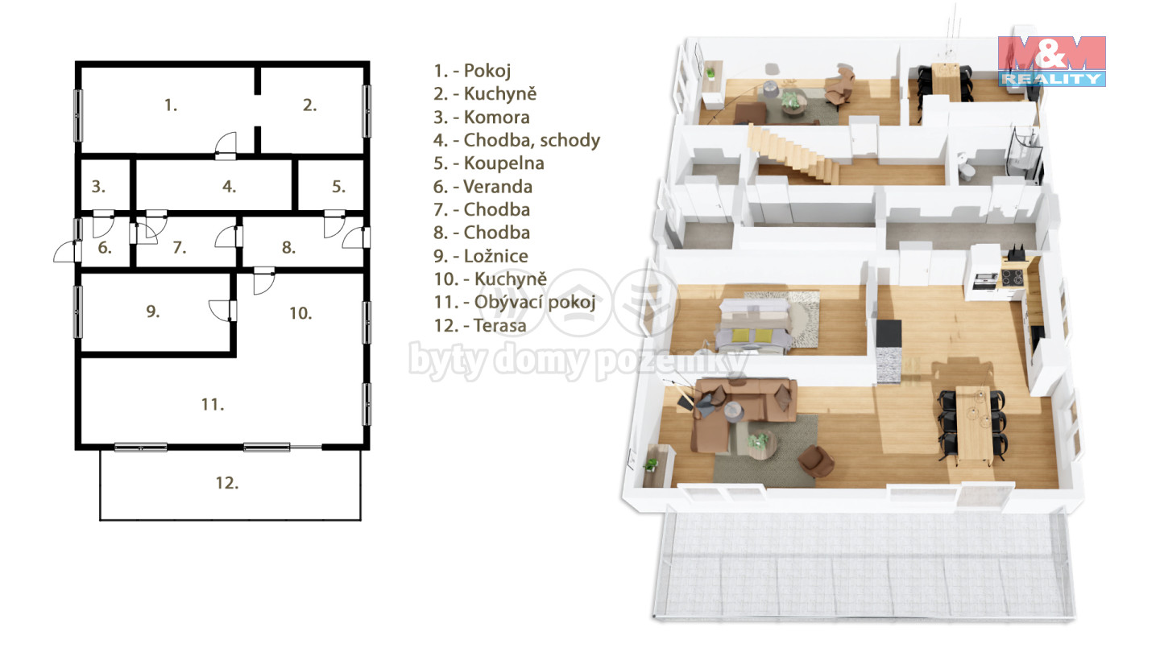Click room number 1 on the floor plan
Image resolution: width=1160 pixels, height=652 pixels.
tap(171, 105)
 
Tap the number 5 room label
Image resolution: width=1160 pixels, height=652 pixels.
tap(338, 186)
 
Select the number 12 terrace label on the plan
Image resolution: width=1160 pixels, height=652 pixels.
tap(227, 483)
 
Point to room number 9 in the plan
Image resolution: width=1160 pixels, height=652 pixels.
tap(152, 311)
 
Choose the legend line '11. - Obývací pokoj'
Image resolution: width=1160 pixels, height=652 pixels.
tap(515, 302)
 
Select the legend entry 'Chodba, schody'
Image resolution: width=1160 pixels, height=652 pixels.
tap(532, 140)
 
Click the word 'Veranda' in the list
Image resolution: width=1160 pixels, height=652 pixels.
tap(498, 186)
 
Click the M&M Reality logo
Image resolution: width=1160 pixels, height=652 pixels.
tap(1052, 61)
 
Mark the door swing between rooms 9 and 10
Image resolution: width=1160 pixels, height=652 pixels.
tap(222, 310)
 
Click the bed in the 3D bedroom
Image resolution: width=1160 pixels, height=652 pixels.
tap(755, 326)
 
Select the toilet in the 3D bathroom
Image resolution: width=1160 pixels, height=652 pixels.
tap(965, 165)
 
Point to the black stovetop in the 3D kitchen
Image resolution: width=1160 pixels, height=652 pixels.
tap(1013, 278)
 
